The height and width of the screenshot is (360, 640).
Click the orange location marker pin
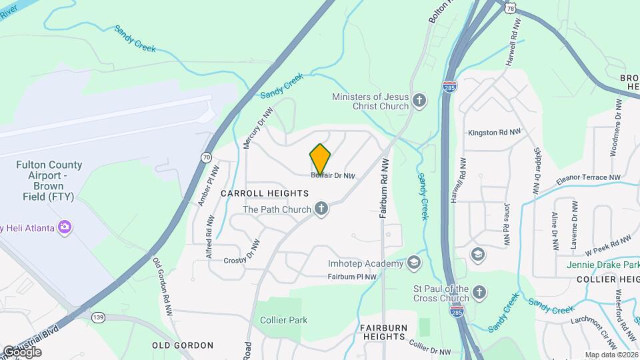[x=321, y=158]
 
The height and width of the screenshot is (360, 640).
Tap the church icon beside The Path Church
[x=321, y=209]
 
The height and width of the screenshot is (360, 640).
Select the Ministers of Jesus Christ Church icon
[x=419, y=101]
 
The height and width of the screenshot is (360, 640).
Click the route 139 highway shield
[x=99, y=317]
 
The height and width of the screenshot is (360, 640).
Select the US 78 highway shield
[x=511, y=6]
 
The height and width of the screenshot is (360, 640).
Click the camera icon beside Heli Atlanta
[x=65, y=228]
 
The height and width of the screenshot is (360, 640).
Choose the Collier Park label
[x=284, y=320]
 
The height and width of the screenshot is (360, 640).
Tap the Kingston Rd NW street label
[x=494, y=133]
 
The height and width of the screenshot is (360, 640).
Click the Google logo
[x=23, y=351]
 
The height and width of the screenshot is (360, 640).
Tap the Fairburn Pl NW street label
[x=353, y=277]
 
